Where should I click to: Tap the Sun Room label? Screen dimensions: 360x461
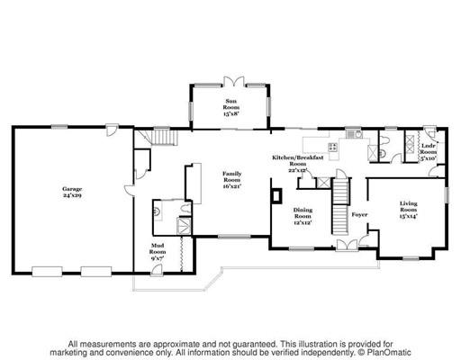(230, 107)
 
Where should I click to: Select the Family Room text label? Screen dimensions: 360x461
(232, 180)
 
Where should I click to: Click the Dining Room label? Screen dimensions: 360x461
(303, 217)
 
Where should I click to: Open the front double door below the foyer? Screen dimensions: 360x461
(346, 245)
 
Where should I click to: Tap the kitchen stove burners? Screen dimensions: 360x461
(332, 147)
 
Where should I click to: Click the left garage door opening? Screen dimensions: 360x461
(45, 269)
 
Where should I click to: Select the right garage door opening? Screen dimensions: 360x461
(94, 269)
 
